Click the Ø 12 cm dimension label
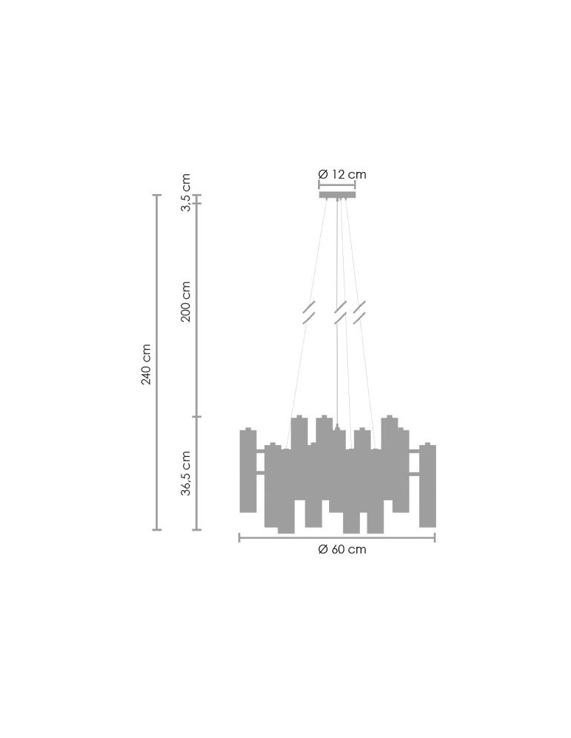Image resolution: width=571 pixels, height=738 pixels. [342, 174]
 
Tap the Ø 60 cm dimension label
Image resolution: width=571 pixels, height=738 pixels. [342, 549]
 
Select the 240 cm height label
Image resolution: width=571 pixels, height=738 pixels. [146, 365]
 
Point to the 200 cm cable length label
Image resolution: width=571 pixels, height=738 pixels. [186, 301]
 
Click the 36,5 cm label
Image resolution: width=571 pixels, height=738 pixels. [186, 473]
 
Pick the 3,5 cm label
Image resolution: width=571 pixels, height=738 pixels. [186, 193]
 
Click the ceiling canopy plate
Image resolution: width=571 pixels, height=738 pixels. [337, 195]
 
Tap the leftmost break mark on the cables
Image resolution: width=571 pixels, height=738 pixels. [308, 312]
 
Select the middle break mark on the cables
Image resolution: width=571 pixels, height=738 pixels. [340, 312]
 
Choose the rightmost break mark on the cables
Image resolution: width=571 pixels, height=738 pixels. [359, 312]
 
